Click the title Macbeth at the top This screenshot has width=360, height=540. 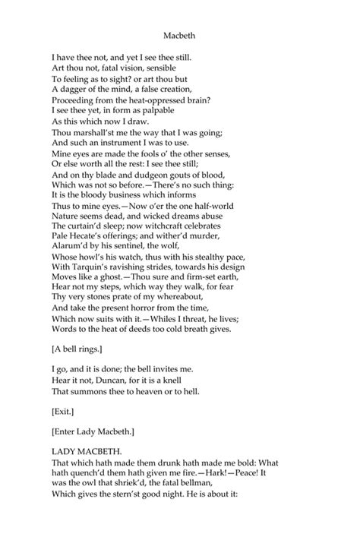[179, 34]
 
